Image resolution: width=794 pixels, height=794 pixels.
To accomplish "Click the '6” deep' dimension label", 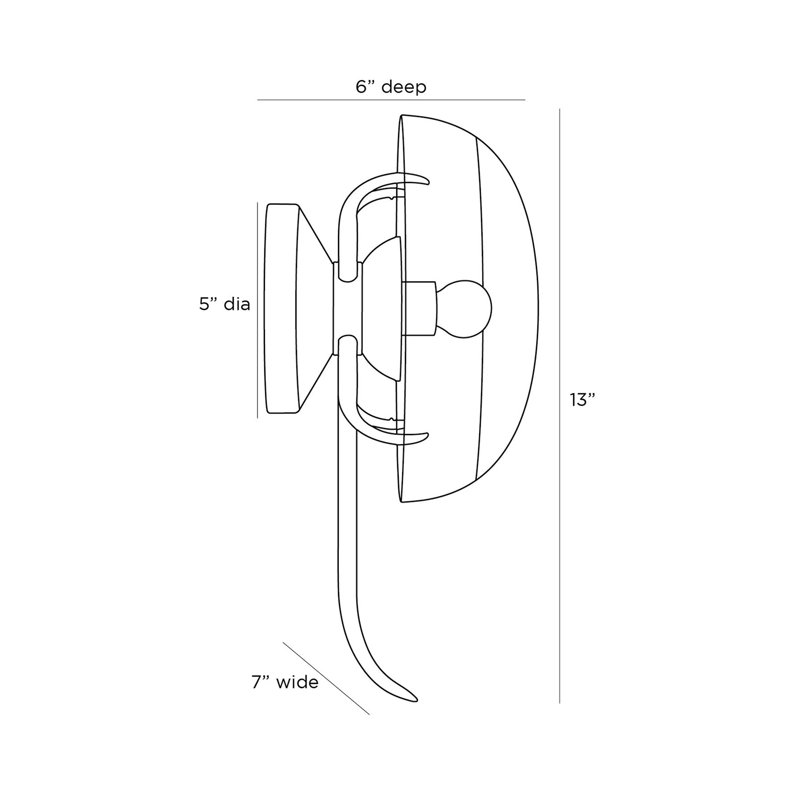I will coord(391,87).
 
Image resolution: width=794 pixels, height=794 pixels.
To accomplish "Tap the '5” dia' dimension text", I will coord(225,304).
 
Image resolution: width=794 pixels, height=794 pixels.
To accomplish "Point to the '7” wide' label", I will coord(285,682).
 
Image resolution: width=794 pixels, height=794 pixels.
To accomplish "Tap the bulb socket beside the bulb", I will coord(419,308).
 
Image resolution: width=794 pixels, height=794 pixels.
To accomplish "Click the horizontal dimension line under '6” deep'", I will coord(391,100).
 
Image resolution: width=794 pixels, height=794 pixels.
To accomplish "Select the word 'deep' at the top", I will coord(404,87).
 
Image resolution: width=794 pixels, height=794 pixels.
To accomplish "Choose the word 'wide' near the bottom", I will coord(297,682).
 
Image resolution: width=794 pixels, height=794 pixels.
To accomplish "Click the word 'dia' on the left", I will coord(237,304).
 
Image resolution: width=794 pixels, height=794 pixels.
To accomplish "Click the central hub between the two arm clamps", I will coord(347,308).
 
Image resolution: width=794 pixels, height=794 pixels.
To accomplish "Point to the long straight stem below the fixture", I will coord(347,529).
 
